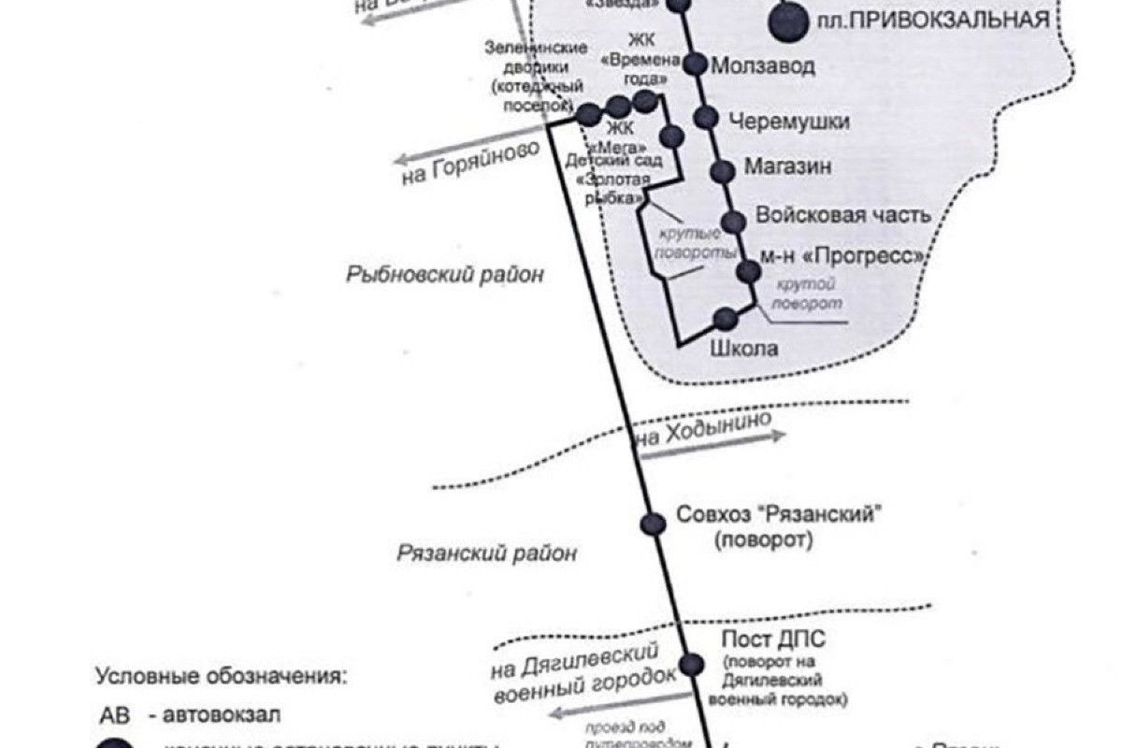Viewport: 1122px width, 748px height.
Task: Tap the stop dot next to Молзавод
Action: tap(695, 65)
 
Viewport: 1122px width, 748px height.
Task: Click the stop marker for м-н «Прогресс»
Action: tap(749, 271)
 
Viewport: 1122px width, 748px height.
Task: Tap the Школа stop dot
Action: tap(725, 319)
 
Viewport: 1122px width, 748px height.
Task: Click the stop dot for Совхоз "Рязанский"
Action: tap(654, 524)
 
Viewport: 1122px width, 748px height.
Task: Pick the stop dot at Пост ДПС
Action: tap(691, 665)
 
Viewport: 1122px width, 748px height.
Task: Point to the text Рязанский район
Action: tap(487, 553)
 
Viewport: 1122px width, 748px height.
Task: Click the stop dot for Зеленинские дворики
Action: tap(588, 115)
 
